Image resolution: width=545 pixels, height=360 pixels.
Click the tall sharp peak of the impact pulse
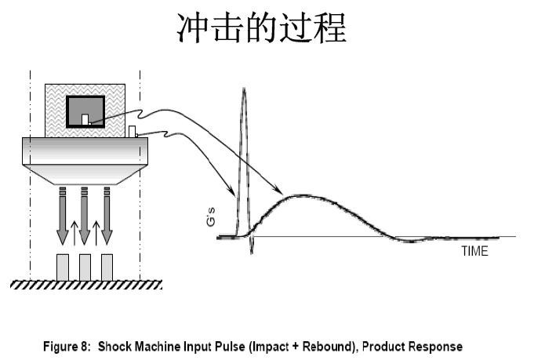tap(244, 91)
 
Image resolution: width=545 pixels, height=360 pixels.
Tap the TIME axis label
tap(474, 252)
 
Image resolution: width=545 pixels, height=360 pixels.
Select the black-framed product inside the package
tap(85, 111)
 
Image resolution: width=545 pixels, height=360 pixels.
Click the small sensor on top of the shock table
tap(133, 130)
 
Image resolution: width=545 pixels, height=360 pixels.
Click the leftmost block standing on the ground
tap(62, 267)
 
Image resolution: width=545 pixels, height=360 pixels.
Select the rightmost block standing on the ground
tap(107, 267)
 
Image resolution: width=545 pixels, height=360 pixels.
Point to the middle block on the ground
tap(85, 267)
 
